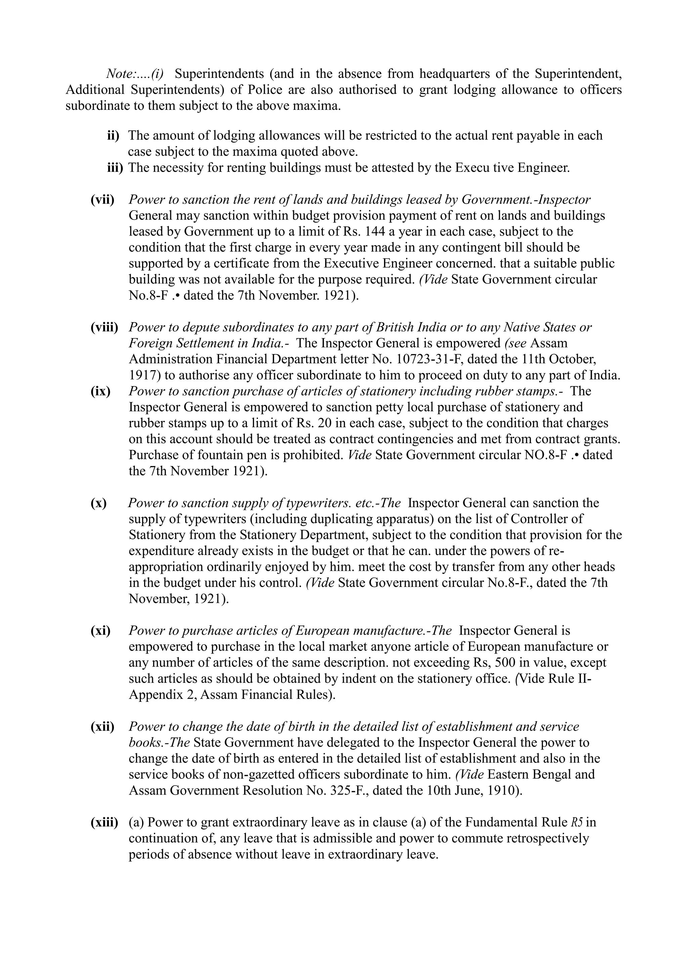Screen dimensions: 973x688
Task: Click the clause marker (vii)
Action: tap(102, 200)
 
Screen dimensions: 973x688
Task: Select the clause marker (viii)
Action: tap(104, 327)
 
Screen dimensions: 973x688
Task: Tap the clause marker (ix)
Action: tap(100, 391)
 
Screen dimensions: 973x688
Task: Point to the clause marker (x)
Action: tap(99, 503)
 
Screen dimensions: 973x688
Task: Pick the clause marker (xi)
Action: tap(100, 631)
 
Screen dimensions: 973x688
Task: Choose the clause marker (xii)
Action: tap(102, 726)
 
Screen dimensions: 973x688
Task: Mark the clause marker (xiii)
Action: tap(104, 822)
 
